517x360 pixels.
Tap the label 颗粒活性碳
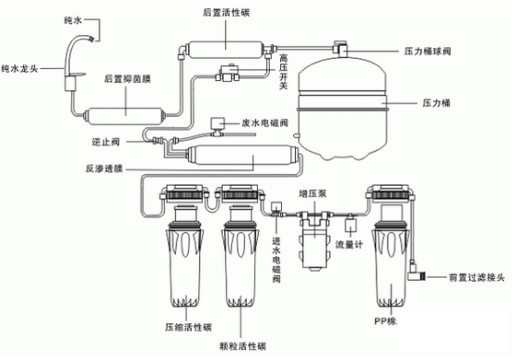pyautogui.click(x=244, y=346)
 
